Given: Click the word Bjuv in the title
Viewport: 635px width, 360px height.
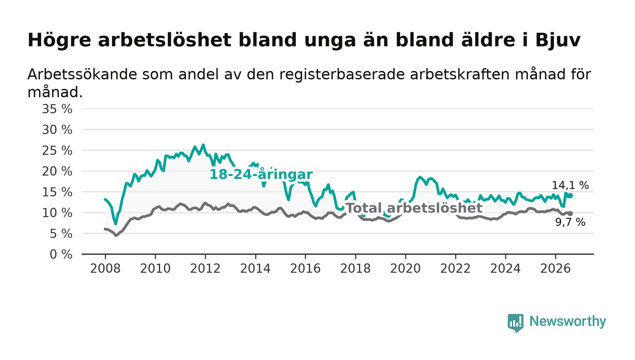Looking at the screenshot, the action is [x=557, y=40].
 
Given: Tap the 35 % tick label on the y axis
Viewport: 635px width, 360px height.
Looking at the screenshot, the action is [x=57, y=109].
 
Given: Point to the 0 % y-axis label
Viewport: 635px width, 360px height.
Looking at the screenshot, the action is [x=61, y=254].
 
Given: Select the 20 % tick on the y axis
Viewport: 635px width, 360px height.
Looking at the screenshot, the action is [x=57, y=171].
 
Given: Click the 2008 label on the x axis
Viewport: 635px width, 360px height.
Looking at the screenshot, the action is [x=105, y=268].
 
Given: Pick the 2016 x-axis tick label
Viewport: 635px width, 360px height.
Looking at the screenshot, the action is [x=305, y=268].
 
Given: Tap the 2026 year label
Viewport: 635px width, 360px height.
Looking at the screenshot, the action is [x=555, y=268].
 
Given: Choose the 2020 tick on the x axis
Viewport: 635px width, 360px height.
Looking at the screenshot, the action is [x=405, y=268].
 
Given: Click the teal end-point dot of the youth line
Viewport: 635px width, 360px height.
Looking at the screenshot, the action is [x=571, y=195].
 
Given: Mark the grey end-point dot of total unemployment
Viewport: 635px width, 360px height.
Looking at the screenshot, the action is [x=571, y=214].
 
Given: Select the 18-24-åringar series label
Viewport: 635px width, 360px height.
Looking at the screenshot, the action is [x=261, y=174].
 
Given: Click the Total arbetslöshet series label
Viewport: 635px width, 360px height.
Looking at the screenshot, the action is [x=414, y=208].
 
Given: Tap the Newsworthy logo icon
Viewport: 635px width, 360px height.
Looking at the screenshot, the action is [x=515, y=323].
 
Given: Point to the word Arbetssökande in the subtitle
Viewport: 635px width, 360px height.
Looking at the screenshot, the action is [x=82, y=74].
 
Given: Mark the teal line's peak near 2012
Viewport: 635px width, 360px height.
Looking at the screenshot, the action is [x=203, y=145].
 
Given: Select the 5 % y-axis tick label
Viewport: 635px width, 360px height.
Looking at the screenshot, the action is [x=61, y=234].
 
